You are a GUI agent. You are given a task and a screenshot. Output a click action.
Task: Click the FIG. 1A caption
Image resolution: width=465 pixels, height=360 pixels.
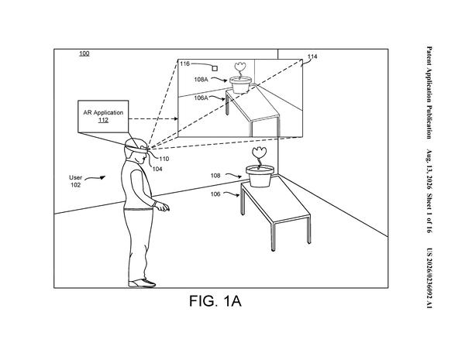pos(215,301)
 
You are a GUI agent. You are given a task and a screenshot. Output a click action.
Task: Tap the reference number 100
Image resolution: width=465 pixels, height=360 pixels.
pos(84,53)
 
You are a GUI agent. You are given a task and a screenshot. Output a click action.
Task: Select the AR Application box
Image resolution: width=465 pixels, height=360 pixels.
pos(103,116)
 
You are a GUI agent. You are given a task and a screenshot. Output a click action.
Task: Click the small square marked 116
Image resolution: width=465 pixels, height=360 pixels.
pos(215,68)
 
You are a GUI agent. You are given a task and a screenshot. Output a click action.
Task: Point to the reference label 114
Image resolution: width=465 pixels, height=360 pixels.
pos(312,57)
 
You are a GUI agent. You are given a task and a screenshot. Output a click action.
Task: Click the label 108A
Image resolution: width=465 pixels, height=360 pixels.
pos(201,80)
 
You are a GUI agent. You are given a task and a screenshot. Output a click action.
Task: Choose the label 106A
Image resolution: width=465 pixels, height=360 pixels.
pos(201,98)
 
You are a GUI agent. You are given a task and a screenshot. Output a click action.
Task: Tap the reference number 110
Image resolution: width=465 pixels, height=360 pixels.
pos(164,159)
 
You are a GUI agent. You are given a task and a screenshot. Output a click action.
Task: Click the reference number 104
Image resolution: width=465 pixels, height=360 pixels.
pos(157,169)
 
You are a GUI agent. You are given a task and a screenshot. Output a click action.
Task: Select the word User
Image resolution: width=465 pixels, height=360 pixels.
pos(75,177)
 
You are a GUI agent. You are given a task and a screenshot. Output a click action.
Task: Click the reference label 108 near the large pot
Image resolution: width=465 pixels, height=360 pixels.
pos(215,176)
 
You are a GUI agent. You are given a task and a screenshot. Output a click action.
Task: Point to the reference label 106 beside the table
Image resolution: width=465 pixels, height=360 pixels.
pos(215,194)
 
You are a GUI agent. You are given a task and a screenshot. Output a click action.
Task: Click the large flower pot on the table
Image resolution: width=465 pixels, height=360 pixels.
pos(260,176)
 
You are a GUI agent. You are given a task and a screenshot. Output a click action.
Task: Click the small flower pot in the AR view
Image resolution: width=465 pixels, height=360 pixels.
pos(240,84)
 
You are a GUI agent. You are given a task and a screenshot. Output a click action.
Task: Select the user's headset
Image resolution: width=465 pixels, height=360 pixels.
pos(136,148)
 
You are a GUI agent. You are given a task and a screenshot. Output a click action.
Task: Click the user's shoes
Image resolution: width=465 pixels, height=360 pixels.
pos(142,283)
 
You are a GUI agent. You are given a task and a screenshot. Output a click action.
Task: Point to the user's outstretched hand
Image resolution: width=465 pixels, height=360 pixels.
pos(163,207)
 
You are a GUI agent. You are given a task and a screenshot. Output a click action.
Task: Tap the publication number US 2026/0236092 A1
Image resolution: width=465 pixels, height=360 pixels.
pos(429,278)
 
